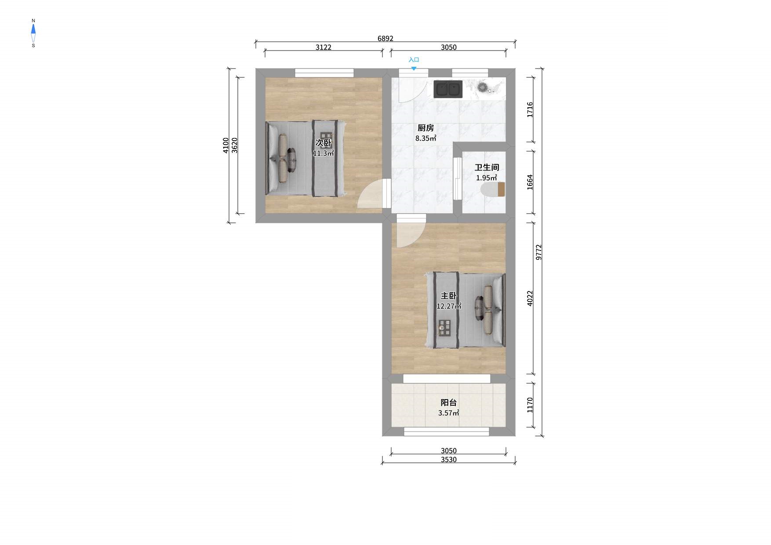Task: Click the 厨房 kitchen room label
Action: click(426, 128)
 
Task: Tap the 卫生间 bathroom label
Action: click(487, 167)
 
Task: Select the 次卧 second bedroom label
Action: click(324, 143)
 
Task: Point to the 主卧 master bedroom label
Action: click(449, 296)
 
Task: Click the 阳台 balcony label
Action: click(449, 402)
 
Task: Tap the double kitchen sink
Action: click(448, 89)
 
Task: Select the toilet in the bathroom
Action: click(493, 189)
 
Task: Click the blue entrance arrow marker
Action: click(414, 69)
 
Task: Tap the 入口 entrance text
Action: click(414, 60)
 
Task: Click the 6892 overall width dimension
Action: click(385, 39)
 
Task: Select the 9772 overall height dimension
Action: click(539, 252)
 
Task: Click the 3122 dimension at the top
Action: click(324, 47)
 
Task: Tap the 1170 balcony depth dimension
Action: click(530, 405)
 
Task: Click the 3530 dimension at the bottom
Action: click(449, 460)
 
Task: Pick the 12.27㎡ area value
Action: click(449, 306)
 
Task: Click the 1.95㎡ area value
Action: click(487, 178)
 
